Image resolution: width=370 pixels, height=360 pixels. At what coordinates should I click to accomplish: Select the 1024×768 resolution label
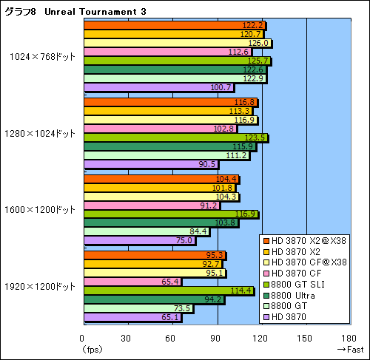click(42, 56)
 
